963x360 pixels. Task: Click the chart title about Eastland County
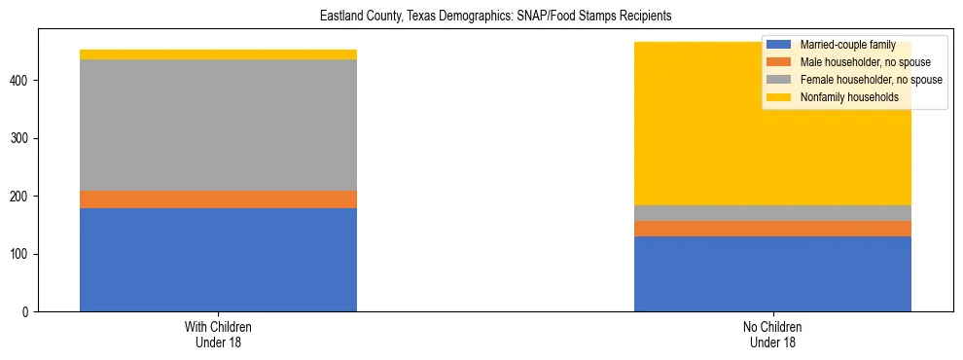(496, 17)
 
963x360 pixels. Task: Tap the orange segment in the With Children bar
(218, 199)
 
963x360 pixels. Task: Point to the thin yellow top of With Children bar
(218, 54)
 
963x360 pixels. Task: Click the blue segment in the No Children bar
(772, 273)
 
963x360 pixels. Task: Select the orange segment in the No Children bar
(772, 229)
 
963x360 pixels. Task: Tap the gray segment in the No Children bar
(772, 213)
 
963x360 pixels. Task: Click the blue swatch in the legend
(778, 45)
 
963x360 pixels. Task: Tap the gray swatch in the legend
(778, 80)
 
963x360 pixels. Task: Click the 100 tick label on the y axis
(21, 254)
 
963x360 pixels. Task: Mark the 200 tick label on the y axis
(21, 197)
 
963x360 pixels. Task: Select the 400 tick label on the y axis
(21, 81)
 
